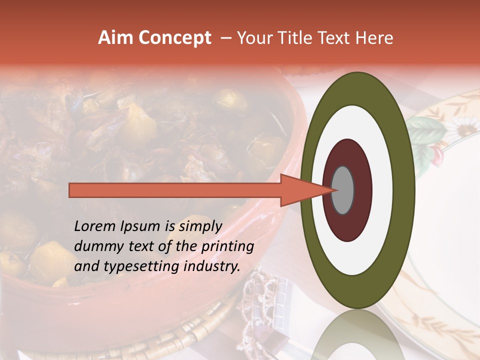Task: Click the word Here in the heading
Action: [374, 38]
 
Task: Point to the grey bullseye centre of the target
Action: [342, 190]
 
